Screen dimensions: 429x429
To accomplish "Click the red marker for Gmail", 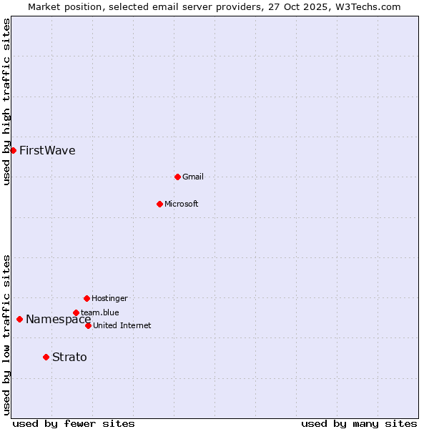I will point(177,177).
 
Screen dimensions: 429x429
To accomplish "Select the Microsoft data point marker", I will point(159,204).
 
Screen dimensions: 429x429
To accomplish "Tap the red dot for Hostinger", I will point(87,298).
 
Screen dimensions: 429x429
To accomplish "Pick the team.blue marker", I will point(76,312).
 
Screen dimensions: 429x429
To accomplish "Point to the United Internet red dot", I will point(88,325).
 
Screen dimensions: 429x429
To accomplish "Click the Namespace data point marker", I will point(19,319).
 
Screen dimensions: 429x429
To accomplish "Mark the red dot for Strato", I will point(46,357).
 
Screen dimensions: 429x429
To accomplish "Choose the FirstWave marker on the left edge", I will point(13,150).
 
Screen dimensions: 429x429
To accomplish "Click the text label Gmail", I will point(193,177).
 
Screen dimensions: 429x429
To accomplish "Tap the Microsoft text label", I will point(182,204).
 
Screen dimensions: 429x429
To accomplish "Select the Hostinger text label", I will point(109,298).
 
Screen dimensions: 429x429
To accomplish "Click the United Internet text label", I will point(122,325).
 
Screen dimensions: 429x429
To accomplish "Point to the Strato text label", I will point(69,357).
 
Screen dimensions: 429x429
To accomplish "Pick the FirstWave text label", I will point(47,150).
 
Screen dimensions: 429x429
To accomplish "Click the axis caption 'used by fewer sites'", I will point(74,423).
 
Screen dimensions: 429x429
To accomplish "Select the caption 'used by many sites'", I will point(359,423).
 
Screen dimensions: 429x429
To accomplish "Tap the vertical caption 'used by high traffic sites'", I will point(6,102).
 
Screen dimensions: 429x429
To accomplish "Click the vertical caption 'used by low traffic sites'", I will point(6,334).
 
